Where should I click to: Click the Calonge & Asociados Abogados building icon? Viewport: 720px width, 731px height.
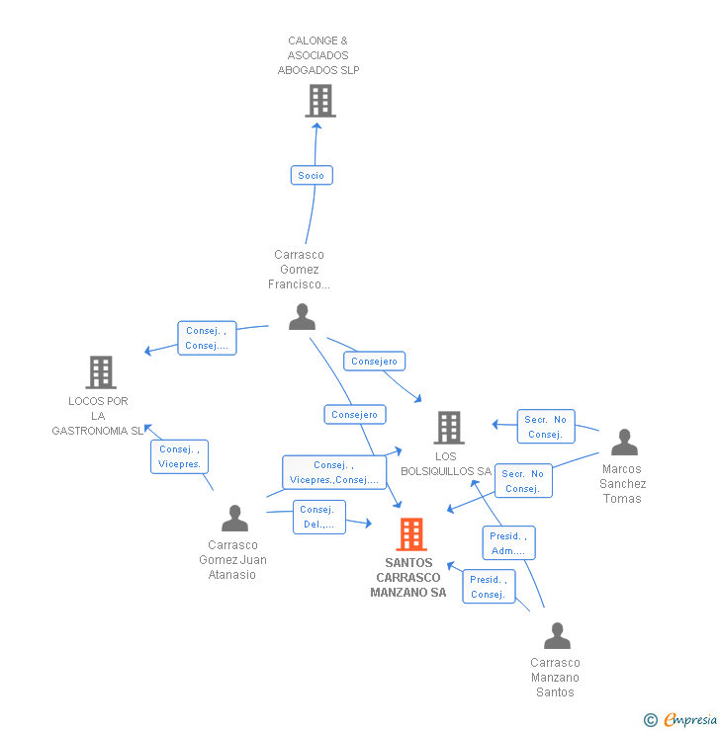(319, 101)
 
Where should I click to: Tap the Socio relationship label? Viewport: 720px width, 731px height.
(312, 175)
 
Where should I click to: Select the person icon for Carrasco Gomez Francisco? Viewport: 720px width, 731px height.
(302, 317)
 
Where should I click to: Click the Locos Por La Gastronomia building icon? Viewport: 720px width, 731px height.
(101, 372)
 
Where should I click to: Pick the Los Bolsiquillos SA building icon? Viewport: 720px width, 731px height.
(449, 428)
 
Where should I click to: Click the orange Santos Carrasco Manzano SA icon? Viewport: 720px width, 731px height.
(410, 534)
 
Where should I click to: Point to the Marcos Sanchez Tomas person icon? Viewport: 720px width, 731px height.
(624, 442)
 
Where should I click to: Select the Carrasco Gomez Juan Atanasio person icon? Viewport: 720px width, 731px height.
(234, 518)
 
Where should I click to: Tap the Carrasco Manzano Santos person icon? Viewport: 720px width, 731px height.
(557, 635)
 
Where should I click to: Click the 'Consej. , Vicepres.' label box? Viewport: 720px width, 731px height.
(180, 456)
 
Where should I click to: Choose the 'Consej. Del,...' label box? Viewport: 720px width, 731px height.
(318, 517)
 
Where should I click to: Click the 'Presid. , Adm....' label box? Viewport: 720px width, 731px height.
(509, 542)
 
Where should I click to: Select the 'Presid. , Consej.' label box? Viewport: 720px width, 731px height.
(489, 587)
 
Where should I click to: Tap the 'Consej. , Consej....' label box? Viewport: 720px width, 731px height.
(207, 339)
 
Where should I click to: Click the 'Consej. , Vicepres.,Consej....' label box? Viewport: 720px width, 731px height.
(333, 472)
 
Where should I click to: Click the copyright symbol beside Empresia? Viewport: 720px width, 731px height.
(651, 720)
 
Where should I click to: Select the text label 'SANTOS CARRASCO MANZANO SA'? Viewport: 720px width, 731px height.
(408, 578)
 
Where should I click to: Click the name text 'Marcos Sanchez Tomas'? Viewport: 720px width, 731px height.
(623, 484)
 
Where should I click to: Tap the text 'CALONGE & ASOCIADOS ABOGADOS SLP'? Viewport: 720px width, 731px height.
(318, 55)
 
